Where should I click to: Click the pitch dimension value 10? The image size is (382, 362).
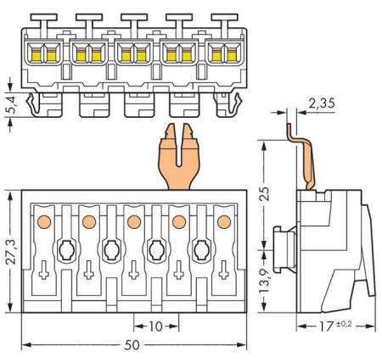(156, 326)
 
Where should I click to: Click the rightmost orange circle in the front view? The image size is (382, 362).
(224, 222)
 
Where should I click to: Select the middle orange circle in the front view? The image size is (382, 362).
(134, 222)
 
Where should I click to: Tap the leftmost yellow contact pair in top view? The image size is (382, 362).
(40, 54)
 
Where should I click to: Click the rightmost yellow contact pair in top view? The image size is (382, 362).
(224, 54)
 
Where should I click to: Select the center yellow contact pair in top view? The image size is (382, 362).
(132, 54)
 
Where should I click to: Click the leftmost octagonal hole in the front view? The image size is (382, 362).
(66, 251)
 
